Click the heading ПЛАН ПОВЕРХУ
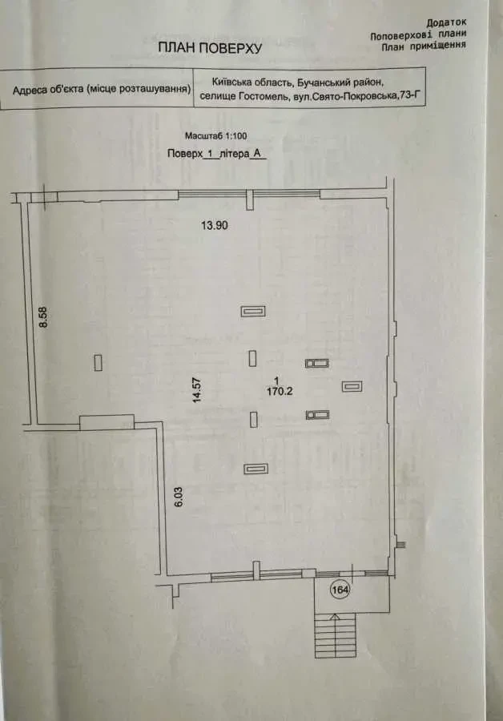[x=210, y=48]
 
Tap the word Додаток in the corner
[x=446, y=22]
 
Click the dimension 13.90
[x=215, y=225]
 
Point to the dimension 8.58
[x=44, y=316]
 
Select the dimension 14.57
[x=197, y=390]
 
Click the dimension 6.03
[x=179, y=497]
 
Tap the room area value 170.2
[x=280, y=391]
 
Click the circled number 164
[x=340, y=590]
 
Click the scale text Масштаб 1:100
[x=215, y=136]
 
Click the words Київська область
[x=252, y=82]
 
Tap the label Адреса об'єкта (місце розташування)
[x=102, y=89]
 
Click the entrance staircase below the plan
[x=335, y=635]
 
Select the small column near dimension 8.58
[x=98, y=362]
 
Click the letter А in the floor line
[x=257, y=154]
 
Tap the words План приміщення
[x=424, y=46]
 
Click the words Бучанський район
[x=340, y=83]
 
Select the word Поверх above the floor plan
[x=185, y=154]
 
